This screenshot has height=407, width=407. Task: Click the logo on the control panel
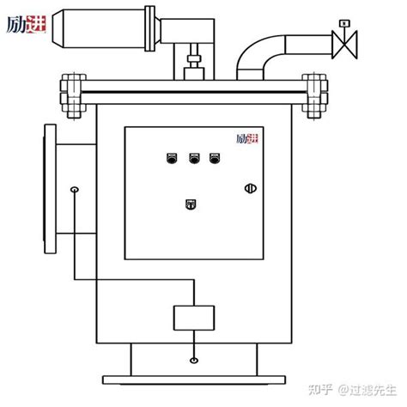(247, 138)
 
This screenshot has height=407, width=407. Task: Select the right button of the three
(213, 156)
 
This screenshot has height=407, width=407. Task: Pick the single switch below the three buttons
(191, 203)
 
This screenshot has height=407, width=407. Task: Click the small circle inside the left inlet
(75, 189)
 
